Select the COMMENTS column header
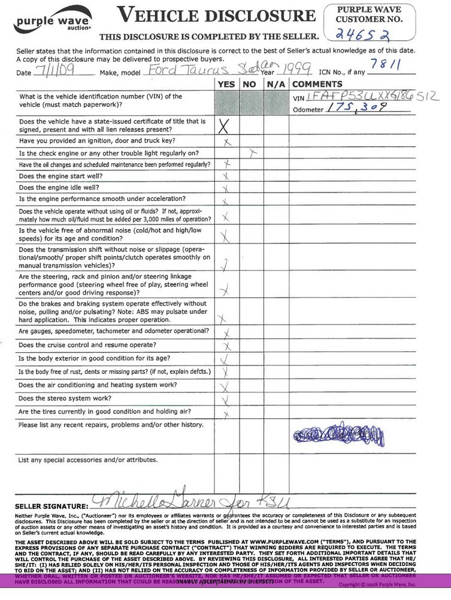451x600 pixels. click(317, 84)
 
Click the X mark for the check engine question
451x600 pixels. click(253, 153)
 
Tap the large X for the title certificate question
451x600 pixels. click(225, 126)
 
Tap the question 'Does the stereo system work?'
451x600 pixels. click(65, 398)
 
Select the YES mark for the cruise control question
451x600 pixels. click(227, 346)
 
